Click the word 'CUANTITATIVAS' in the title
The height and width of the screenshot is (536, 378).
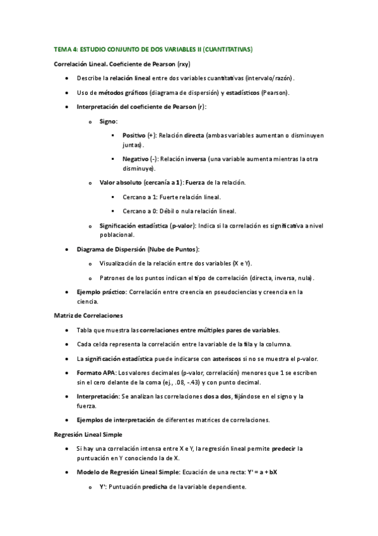(227, 49)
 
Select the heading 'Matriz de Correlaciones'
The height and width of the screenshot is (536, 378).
(88, 315)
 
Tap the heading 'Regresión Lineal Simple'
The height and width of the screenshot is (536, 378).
(89, 434)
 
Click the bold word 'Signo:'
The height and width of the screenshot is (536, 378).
(109, 121)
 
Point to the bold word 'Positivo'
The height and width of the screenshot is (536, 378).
(134, 135)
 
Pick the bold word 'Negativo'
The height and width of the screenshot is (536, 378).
(135, 159)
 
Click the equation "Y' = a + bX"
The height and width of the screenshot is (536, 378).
(265, 473)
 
